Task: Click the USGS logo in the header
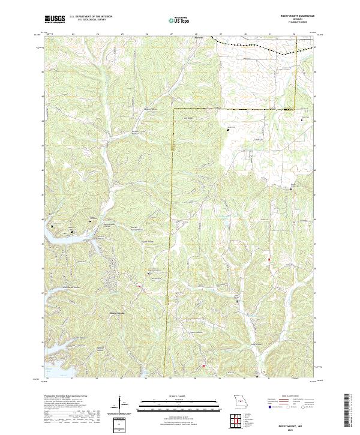[x=55, y=20]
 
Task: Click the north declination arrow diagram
[x=120, y=404]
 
